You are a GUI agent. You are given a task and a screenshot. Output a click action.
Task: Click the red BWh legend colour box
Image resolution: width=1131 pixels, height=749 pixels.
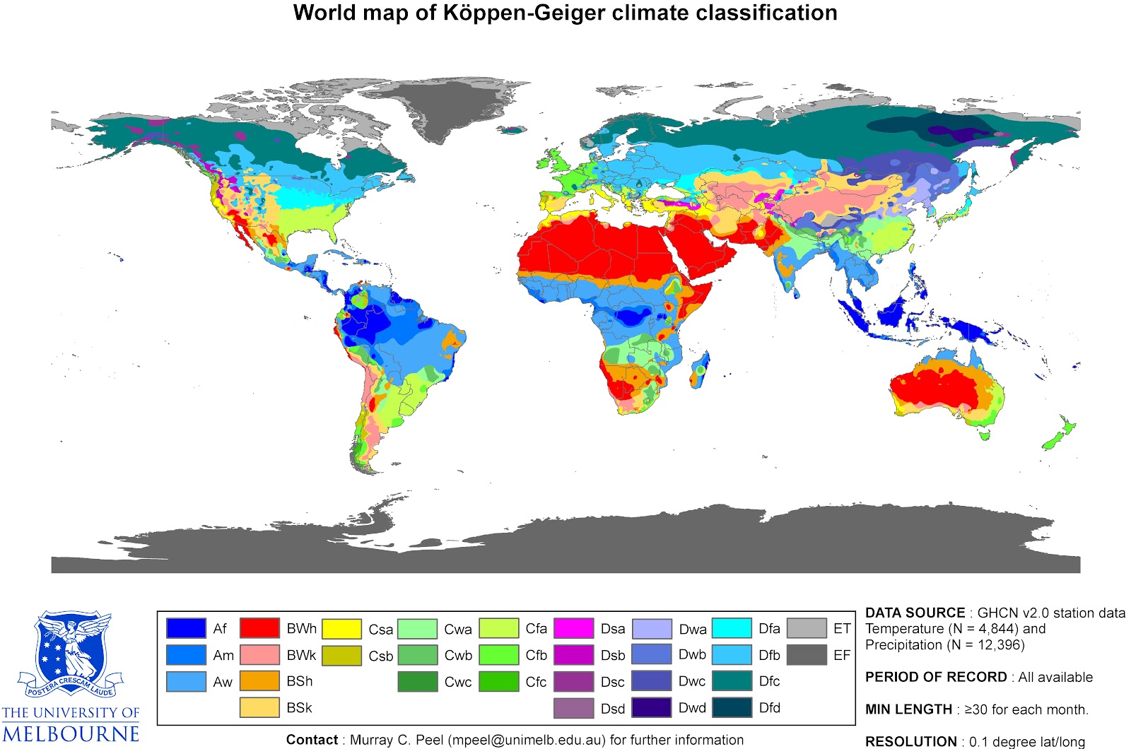[259, 628]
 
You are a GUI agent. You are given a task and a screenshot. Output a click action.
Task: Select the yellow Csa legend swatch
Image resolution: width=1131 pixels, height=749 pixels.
[341, 628]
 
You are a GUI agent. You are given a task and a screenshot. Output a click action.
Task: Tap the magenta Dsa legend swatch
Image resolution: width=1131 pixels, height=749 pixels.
[573, 628]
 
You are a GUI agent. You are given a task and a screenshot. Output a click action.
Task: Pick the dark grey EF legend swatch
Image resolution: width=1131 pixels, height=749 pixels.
[807, 655]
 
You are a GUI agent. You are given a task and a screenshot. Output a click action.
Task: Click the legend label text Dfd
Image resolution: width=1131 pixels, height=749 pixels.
[770, 708]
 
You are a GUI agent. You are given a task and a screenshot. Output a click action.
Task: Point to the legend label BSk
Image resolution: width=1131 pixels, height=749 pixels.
[299, 708]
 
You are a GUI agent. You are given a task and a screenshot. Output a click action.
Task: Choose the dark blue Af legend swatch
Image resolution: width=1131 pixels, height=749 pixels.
[186, 628]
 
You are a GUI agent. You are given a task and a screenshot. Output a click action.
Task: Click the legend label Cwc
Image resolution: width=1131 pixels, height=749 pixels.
[458, 682]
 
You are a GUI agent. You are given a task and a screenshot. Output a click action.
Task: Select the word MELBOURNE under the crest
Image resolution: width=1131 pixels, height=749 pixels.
[71, 734]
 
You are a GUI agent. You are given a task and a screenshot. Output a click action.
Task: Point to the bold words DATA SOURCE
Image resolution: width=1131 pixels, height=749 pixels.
[915, 613]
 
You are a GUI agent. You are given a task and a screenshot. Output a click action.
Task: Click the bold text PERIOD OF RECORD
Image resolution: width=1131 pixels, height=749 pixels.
[936, 677]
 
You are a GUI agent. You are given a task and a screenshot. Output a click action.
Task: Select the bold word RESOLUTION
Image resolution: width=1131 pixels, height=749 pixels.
[910, 741]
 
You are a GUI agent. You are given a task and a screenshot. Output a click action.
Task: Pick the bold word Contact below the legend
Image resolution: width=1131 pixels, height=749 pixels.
[312, 740]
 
